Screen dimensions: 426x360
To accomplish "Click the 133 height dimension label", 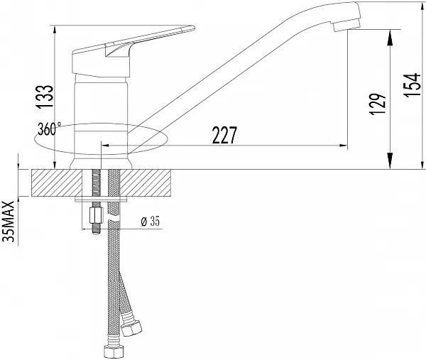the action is [45, 97].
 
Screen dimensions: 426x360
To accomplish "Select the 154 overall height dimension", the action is [412, 84].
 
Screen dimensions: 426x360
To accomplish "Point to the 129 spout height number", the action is [378, 104].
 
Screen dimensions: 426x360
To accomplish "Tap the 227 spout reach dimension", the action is [224, 135].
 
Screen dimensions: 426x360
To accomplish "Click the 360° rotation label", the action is [49, 129].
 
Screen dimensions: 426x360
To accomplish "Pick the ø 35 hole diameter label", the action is [151, 221].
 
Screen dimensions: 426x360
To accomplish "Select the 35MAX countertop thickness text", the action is [8, 222].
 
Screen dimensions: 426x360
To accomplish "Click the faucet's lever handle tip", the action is [193, 28].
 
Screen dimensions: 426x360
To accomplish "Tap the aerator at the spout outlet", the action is [346, 25].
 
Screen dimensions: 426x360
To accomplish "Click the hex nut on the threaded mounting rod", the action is [96, 215].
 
